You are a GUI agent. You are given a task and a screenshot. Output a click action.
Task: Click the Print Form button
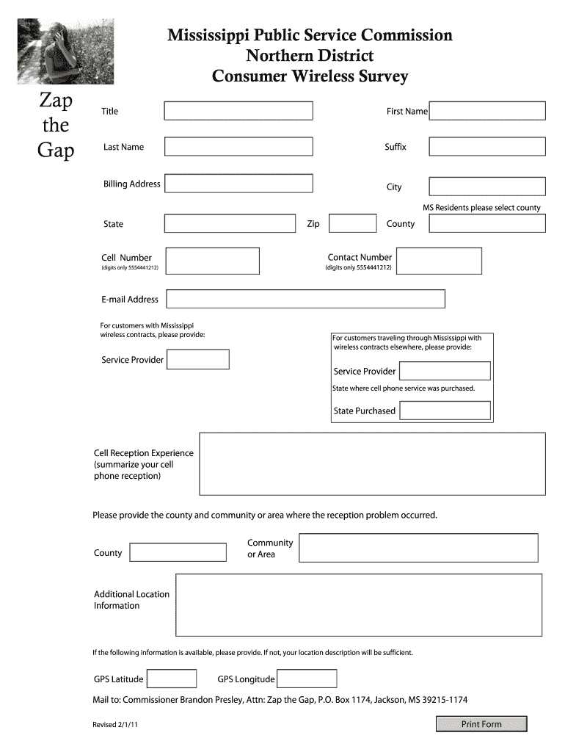481,724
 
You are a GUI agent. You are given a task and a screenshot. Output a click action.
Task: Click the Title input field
238,111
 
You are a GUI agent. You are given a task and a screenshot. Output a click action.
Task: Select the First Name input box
487,111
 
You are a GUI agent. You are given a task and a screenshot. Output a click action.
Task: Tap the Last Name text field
238,147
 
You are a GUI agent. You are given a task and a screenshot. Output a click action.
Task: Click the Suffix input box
487,147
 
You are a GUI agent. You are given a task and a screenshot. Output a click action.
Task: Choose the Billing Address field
238,184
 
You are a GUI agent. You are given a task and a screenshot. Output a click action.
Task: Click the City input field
487,187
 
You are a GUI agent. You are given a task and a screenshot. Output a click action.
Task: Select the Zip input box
352,223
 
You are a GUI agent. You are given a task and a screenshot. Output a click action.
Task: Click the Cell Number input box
213,261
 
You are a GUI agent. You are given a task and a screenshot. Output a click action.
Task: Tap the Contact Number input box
439,261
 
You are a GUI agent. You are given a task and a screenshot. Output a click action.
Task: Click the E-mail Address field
305,299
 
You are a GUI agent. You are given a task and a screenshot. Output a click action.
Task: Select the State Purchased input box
445,411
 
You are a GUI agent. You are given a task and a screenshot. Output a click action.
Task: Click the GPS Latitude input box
172,679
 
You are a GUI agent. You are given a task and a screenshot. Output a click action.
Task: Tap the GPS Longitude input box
307,679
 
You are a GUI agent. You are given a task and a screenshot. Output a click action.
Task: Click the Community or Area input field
419,549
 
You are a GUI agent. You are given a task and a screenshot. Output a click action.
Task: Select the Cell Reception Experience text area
372,464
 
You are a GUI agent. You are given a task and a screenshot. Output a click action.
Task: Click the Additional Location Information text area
359,605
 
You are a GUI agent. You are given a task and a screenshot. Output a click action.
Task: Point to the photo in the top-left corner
66,51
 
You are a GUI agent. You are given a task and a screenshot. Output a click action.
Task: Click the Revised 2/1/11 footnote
116,725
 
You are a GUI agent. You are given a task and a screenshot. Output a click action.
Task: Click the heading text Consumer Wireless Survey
309,76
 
